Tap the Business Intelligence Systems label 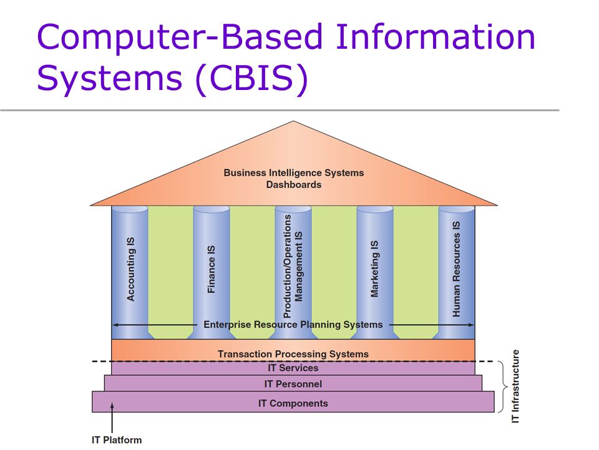tap(293, 172)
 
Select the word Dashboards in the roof tap(293, 184)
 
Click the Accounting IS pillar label tap(130, 269)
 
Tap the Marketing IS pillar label tap(374, 269)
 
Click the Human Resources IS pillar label tap(456, 269)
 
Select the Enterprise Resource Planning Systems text tap(293, 324)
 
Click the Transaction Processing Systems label tap(293, 354)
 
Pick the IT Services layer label tap(293, 368)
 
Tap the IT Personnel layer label tap(293, 384)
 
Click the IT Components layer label tap(293, 403)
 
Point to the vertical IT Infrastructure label tap(515, 386)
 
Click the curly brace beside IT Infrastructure tap(502, 387)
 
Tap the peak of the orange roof tap(293, 122)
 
